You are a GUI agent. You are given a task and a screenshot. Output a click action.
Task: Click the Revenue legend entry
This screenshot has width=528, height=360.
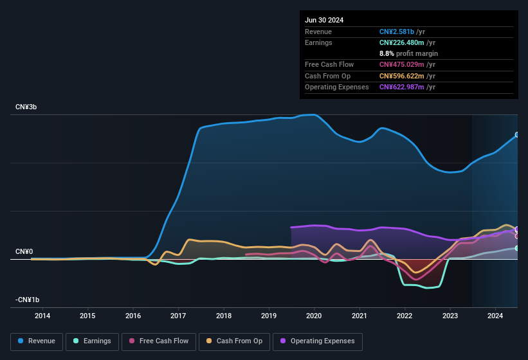37,341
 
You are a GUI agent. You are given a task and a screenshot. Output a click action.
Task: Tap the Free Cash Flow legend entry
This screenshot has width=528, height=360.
158,341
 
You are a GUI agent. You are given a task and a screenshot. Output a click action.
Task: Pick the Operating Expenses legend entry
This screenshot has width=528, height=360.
317,341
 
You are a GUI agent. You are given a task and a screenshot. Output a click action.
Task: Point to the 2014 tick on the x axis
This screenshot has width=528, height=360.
42,316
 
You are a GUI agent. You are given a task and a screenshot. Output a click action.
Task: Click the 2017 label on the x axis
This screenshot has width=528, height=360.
178,316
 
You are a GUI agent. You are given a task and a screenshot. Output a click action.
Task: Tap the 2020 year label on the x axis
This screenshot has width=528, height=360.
314,316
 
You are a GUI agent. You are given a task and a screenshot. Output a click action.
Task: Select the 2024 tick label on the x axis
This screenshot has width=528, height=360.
495,316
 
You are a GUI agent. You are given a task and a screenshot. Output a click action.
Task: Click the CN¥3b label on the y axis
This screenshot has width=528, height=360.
26,107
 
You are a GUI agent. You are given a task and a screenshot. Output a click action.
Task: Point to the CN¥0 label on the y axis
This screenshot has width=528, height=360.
24,251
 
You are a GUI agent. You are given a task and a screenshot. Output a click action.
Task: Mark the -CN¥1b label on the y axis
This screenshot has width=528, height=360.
28,300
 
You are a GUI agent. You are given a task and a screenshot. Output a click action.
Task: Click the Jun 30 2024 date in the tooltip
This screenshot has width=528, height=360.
324,20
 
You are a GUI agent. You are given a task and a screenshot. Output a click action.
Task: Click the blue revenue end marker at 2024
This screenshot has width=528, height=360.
516,135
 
